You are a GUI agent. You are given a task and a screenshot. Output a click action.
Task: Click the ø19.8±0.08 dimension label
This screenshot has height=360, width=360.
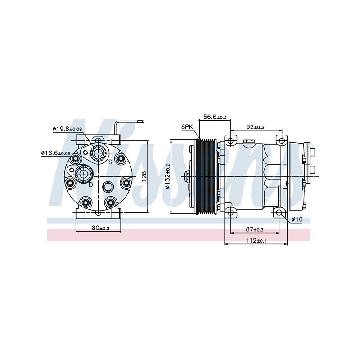pyautogui.click(x=67, y=129)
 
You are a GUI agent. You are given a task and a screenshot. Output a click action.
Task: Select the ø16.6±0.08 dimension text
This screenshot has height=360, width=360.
pyautogui.click(x=55, y=153)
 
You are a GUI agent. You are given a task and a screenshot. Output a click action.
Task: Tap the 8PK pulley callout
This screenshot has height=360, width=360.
pyautogui.click(x=187, y=127)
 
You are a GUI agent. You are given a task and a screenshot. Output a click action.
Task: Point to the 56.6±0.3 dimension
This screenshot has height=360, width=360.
pyautogui.click(x=215, y=117)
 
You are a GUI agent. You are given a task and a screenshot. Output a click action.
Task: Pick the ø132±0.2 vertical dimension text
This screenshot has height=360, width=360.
pyautogui.click(x=168, y=176)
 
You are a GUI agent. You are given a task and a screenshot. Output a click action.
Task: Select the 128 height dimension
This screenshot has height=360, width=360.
pyautogui.click(x=144, y=176)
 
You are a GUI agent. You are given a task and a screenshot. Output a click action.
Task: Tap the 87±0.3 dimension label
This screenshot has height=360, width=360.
pyautogui.click(x=255, y=229)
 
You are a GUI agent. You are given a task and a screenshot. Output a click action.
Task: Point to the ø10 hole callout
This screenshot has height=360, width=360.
pyautogui.click(x=297, y=220)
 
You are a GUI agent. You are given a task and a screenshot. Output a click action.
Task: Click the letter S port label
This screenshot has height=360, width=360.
pyautogui.click(x=110, y=162)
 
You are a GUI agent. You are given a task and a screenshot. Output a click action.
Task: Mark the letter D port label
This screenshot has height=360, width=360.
pyautogui.click(x=91, y=184)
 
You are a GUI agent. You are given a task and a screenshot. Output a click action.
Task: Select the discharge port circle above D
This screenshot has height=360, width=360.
pyautogui.click(x=84, y=174)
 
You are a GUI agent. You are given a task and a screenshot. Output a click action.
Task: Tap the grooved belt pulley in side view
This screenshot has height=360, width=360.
pyautogui.click(x=206, y=176)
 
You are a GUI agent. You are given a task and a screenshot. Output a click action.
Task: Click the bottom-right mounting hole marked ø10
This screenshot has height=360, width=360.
pyautogui.click(x=279, y=212)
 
